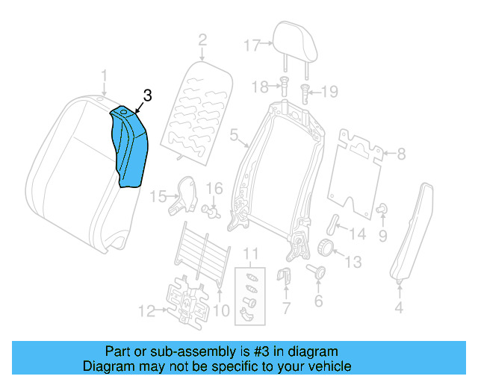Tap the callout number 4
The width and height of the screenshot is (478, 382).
(399, 307)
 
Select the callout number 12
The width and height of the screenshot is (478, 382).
(147, 308)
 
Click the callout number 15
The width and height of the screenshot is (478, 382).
(158, 196)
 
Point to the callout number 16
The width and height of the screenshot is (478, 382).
(214, 188)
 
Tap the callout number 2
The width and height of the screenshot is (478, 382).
(202, 40)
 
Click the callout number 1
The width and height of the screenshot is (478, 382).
(105, 75)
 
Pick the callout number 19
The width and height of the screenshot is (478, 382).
(329, 92)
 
